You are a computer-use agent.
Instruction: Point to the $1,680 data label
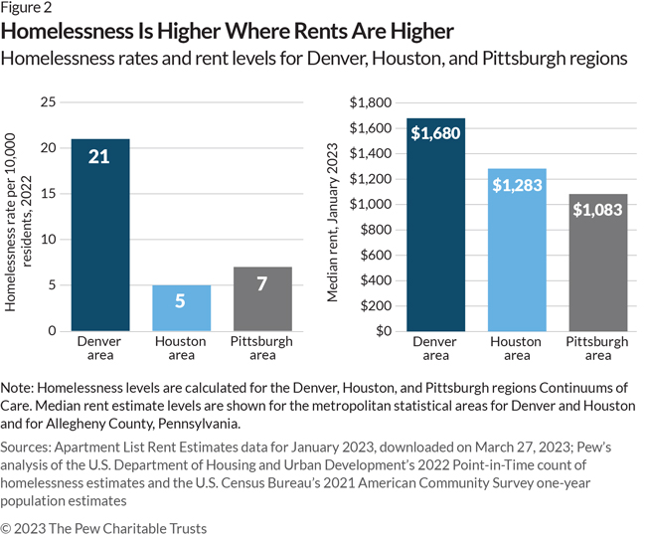(x=435, y=133)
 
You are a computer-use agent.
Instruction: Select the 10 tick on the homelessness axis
(x=47, y=240)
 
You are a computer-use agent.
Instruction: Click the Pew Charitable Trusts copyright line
(x=104, y=528)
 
